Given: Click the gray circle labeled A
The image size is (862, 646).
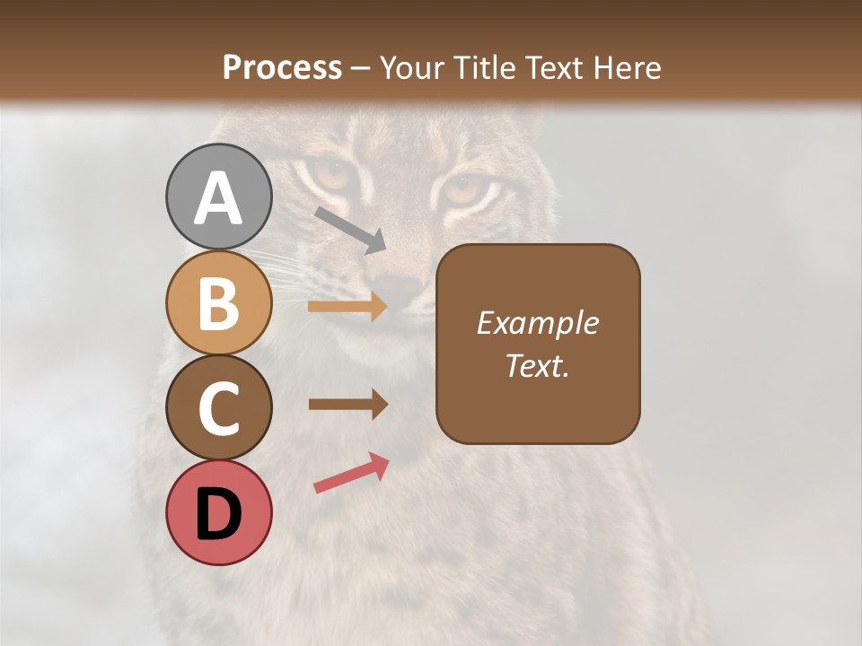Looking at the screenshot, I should coord(218,196).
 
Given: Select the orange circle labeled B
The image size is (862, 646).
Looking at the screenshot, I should coord(218,302).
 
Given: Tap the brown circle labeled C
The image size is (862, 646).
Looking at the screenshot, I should coord(218,408).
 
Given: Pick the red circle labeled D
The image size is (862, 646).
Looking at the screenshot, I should coord(218,513).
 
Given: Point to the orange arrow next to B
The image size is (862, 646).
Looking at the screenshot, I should coord(347,307).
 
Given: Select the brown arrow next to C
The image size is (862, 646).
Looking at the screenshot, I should coord(347,404).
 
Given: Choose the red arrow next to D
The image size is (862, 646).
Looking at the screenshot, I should coord(351,473).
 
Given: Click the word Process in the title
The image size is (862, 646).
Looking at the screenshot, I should coord(282,67).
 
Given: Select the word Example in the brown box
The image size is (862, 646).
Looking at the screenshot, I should coord(537,323).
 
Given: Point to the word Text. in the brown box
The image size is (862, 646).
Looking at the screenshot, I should coord(537,365).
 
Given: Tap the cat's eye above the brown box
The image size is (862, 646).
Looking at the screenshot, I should coord(465,190).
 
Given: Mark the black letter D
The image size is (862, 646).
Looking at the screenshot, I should coord(218,515).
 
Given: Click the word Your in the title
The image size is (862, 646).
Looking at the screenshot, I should coord(412,67).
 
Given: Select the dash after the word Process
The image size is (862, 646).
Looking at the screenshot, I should coord(361,68).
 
